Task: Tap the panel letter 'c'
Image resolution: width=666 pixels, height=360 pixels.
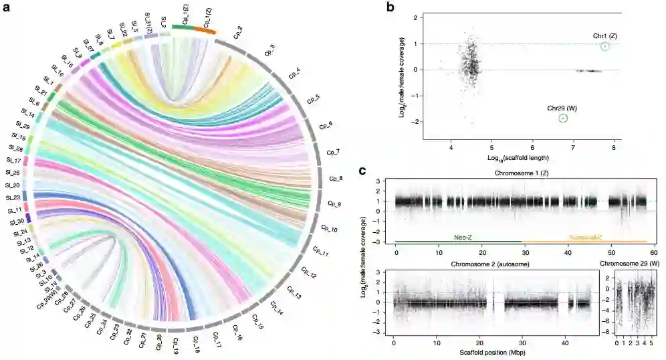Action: pos(362,170)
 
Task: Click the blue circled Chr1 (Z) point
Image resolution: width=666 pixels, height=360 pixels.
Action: pos(604,46)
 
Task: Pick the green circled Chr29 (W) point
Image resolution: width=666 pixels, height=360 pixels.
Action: pos(563,118)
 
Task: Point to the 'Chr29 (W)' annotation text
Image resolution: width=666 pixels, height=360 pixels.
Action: pos(561,107)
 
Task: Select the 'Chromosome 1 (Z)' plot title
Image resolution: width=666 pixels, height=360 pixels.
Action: pos(522,173)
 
